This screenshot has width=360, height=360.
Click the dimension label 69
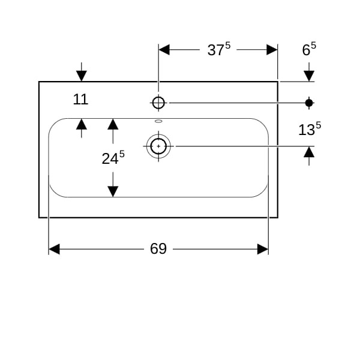click(x=158, y=249)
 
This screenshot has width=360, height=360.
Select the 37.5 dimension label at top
click(x=218, y=50)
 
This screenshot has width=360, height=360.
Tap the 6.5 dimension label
click(x=309, y=50)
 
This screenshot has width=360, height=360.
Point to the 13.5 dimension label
click(x=310, y=130)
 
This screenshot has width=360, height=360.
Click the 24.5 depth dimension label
click(x=113, y=158)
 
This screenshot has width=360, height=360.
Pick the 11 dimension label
click(x=81, y=100)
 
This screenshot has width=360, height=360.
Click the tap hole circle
click(x=158, y=103)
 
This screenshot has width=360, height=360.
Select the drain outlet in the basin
click(x=158, y=146)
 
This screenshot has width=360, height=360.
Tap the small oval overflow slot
click(x=158, y=121)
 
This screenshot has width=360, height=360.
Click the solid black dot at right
click(x=309, y=103)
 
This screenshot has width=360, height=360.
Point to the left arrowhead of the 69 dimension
click(x=54, y=249)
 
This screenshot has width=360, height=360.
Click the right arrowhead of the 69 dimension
click(x=263, y=249)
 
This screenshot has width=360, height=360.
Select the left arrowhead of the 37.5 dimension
click(x=164, y=50)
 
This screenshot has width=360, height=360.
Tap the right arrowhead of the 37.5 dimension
click(x=272, y=50)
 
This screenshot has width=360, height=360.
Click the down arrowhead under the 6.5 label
click(x=309, y=76)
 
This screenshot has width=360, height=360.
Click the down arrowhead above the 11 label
click(x=82, y=76)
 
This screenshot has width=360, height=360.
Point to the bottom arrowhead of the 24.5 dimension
click(x=112, y=191)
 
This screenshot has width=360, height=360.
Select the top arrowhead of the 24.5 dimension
click(x=112, y=124)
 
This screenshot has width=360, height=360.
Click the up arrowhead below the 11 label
click(x=82, y=124)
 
